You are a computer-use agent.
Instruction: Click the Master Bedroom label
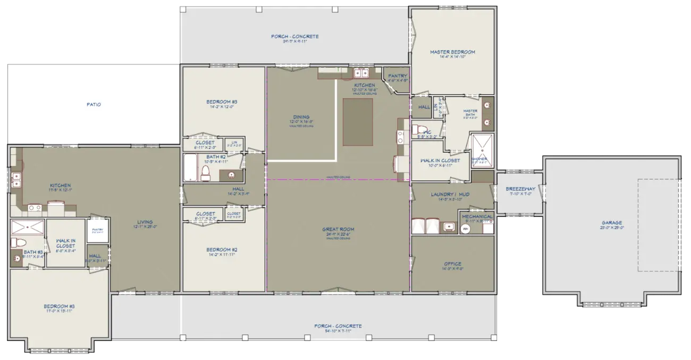click(452, 52)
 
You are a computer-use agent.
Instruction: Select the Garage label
click(612, 223)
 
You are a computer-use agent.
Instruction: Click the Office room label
click(452, 264)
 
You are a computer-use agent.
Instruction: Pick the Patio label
click(94, 105)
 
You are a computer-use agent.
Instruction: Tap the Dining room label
click(301, 118)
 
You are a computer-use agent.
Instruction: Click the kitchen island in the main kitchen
click(357, 121)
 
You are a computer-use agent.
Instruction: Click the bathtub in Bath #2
click(190, 168)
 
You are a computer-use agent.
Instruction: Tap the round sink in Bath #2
click(231, 175)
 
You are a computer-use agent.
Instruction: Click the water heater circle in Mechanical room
click(466, 229)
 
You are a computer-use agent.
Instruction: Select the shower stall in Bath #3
click(28, 227)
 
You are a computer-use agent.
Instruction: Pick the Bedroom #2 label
click(222, 249)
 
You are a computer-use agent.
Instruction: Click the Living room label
click(145, 222)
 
